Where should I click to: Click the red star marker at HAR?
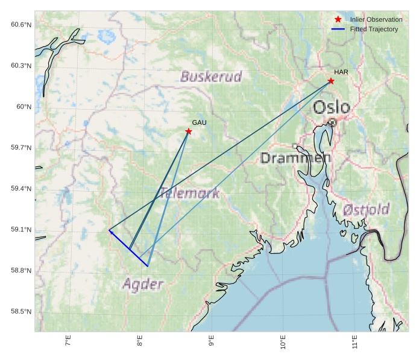click(x=331, y=81)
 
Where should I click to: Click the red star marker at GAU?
click(x=189, y=131)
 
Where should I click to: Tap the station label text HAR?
click(x=341, y=72)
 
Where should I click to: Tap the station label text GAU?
click(x=199, y=122)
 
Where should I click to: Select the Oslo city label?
click(x=332, y=107)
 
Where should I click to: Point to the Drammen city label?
click(x=295, y=158)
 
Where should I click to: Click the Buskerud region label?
click(x=211, y=77)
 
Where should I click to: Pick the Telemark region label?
click(x=189, y=194)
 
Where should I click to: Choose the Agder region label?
click(x=143, y=284)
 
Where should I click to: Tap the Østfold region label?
click(x=366, y=210)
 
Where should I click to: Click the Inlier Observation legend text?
click(x=376, y=19)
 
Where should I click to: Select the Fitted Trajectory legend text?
click(x=374, y=29)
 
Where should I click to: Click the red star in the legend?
click(x=338, y=19)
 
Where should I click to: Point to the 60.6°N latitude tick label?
click(x=21, y=24)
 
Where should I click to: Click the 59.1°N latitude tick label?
click(x=21, y=230)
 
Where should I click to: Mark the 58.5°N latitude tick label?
click(x=21, y=312)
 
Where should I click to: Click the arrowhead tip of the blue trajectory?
click(x=109, y=230)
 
